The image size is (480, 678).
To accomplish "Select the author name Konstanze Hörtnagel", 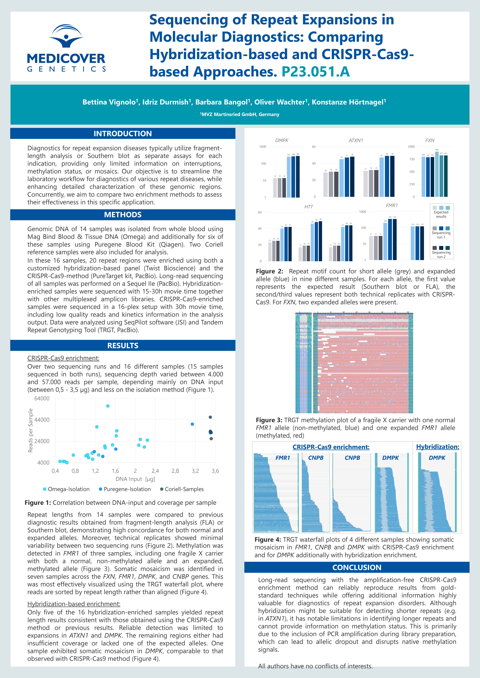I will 349,102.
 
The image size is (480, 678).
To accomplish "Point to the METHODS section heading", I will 123,215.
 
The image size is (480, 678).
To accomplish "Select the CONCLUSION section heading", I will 357,567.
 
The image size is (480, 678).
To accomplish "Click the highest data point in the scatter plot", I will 108,406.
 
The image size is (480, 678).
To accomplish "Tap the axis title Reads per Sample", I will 30,431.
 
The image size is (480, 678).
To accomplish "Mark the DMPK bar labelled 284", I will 298,176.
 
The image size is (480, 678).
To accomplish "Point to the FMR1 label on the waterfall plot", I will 283,458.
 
